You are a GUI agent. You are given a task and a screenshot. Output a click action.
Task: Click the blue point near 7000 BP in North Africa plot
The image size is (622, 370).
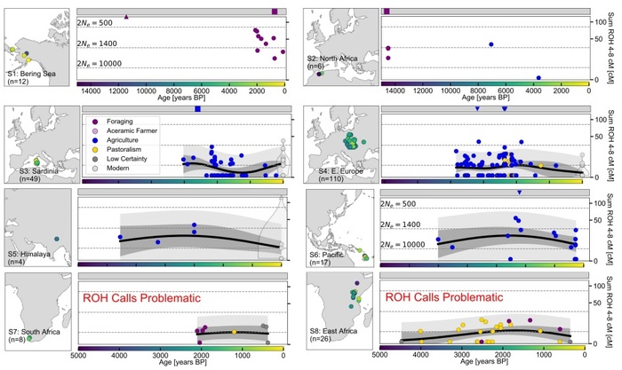(491, 44)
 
